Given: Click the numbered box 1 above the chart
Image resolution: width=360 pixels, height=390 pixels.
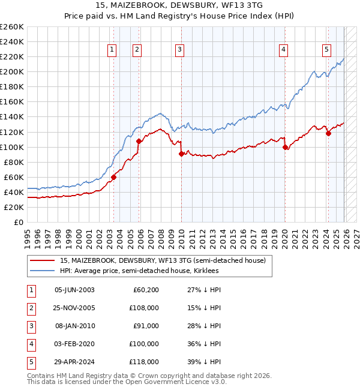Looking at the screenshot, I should click(113, 50).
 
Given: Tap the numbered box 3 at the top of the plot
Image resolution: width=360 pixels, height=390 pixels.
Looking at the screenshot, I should click(180, 50).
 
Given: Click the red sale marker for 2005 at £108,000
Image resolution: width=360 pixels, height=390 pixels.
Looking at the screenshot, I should click(139, 141).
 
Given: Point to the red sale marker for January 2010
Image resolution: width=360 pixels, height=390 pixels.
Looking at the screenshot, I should click(181, 154).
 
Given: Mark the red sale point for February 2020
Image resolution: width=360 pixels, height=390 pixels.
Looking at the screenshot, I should click(285, 147).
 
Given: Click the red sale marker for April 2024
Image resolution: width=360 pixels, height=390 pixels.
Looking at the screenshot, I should click(328, 133).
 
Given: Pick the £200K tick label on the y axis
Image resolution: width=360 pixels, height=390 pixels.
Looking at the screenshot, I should click(12, 71).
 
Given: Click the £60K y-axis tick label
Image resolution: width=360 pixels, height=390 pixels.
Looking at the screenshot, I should click(14, 177).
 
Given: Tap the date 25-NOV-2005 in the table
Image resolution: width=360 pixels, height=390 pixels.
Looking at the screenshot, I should click(74, 308).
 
